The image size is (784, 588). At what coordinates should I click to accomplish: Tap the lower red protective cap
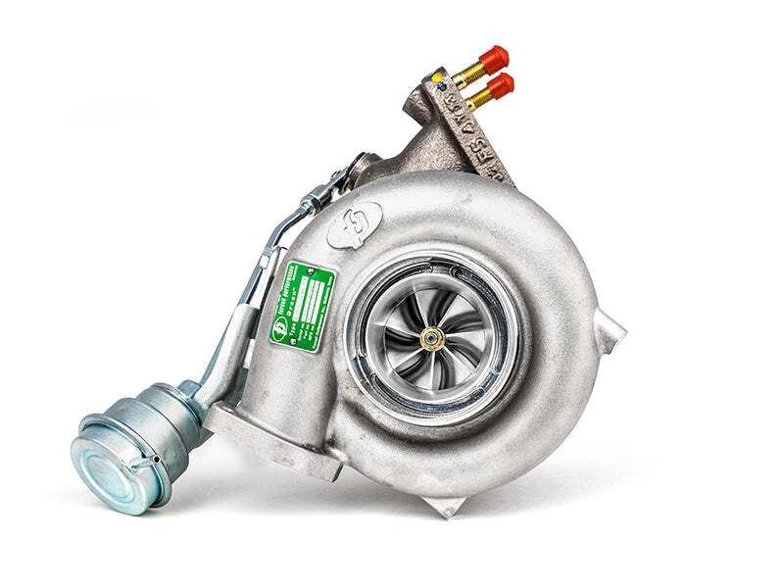point(499,86)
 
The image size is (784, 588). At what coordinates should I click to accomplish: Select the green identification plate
point(303,301)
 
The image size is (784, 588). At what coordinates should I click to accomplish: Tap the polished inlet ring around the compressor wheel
point(431,284)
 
